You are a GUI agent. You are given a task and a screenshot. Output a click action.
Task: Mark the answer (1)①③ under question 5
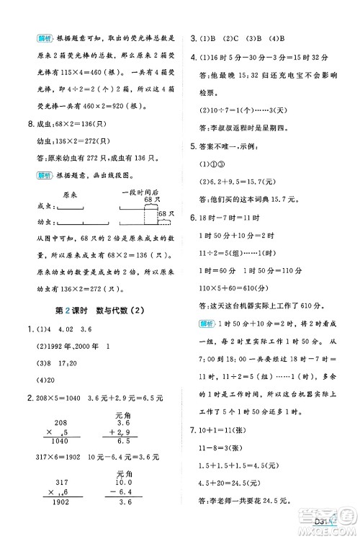[x=212, y=164]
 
